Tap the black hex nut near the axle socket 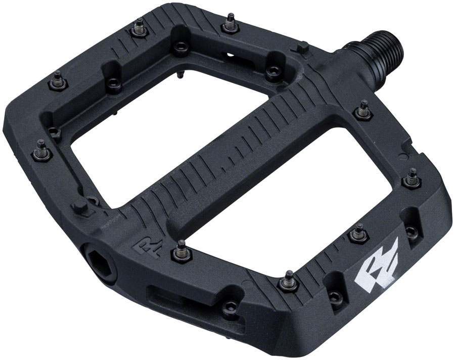80,207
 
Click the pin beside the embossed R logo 180,248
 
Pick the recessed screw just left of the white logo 333,298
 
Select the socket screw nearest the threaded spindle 273,71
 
